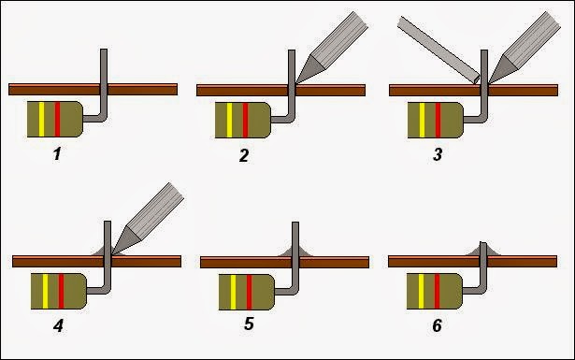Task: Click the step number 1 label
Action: (57, 154)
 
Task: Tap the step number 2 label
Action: (244, 155)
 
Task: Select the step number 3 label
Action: (438, 154)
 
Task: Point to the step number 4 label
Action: (58, 325)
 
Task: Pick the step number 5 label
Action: (249, 324)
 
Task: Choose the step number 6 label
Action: (437, 325)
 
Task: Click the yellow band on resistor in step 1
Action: (41, 119)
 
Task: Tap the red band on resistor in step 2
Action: (245, 121)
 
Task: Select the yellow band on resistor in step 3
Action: (422, 121)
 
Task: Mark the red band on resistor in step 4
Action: (62, 291)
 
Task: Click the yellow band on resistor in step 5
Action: (233, 292)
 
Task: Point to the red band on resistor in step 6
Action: (437, 291)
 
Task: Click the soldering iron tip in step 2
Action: (310, 69)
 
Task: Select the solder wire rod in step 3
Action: (438, 50)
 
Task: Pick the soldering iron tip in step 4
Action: (127, 240)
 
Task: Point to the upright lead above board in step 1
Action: (104, 66)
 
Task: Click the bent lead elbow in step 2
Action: (291, 118)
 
